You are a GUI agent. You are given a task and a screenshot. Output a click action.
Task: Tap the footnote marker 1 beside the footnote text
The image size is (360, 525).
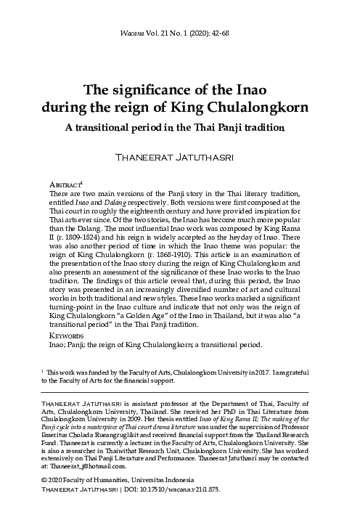tap(43, 371)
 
